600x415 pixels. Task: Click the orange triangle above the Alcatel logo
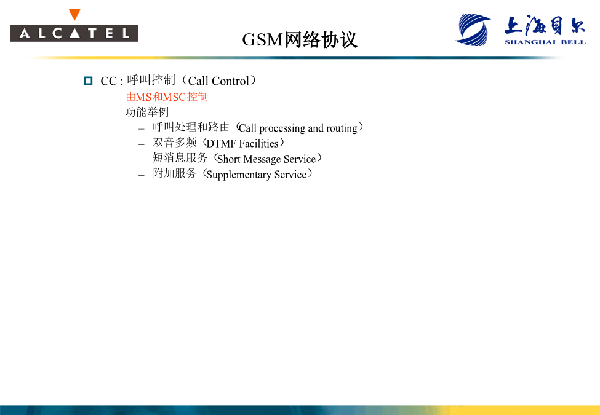[x=74, y=15]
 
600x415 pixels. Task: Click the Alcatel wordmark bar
[x=74, y=33]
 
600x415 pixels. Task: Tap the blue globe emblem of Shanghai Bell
[x=473, y=30]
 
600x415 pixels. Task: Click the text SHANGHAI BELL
[x=545, y=42]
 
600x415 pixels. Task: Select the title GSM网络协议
[x=300, y=39]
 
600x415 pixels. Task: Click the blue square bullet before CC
[x=89, y=81]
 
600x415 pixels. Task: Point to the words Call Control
[x=218, y=81]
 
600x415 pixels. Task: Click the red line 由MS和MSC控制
[x=167, y=97]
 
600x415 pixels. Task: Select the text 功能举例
[x=147, y=112]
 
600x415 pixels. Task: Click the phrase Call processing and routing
[x=298, y=128]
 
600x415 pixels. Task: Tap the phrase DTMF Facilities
[x=242, y=144]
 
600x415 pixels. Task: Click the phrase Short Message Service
[x=266, y=159]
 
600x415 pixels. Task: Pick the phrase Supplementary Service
[x=257, y=175]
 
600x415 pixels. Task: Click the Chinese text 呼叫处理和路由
[x=191, y=127]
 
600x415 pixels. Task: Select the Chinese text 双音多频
[x=175, y=143]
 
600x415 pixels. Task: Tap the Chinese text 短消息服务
[x=180, y=158]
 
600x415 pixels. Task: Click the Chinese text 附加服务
[x=175, y=173]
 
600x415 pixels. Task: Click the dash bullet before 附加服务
[x=142, y=175]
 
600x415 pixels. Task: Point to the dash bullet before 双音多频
[x=142, y=144]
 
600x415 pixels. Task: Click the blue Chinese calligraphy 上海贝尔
[x=545, y=25]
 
